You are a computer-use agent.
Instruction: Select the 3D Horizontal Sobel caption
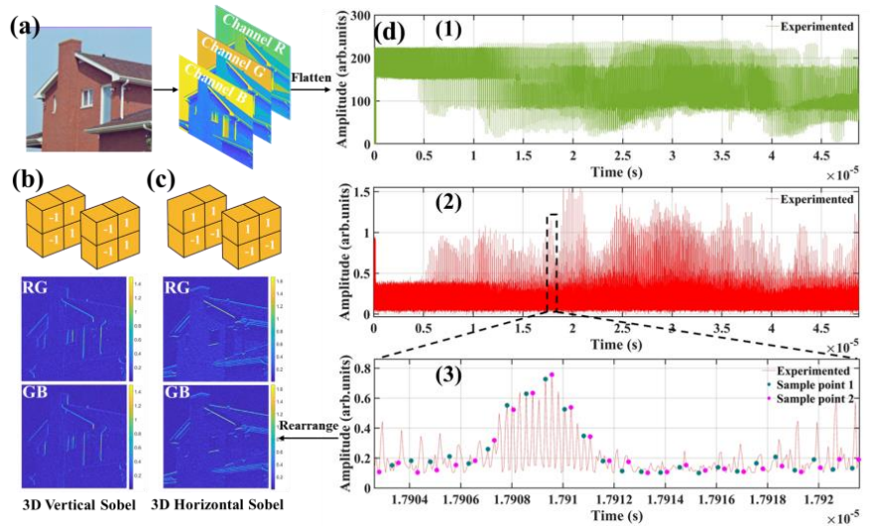217,506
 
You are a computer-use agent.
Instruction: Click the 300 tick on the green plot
360,16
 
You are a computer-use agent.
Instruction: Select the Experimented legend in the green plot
818,28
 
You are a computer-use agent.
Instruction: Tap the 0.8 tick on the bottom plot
360,368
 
